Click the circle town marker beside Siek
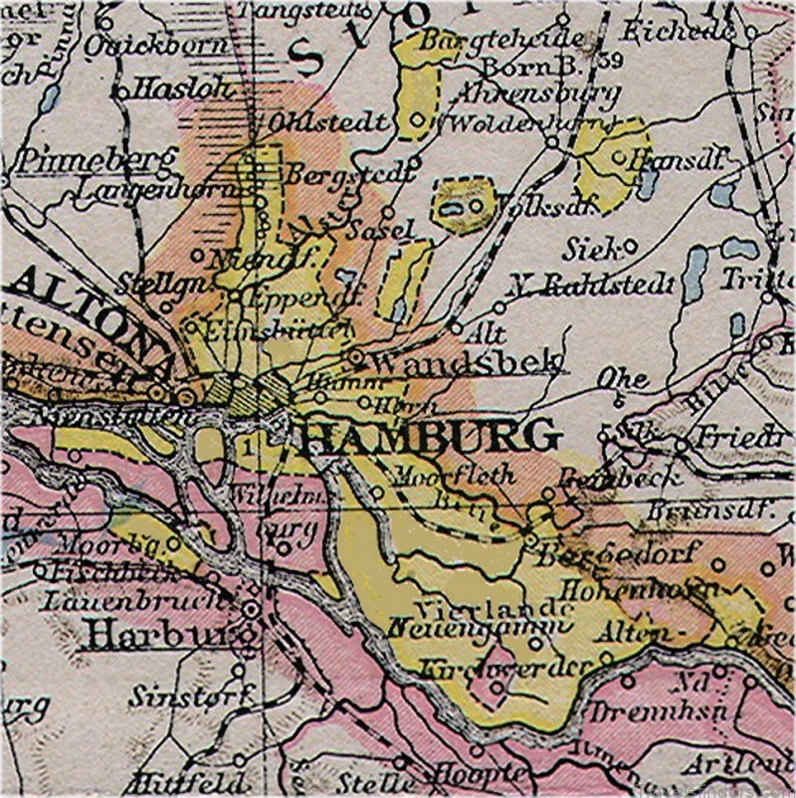click(631, 244)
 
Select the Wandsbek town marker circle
click(356, 354)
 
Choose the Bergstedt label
click(348, 173)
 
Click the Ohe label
click(622, 379)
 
